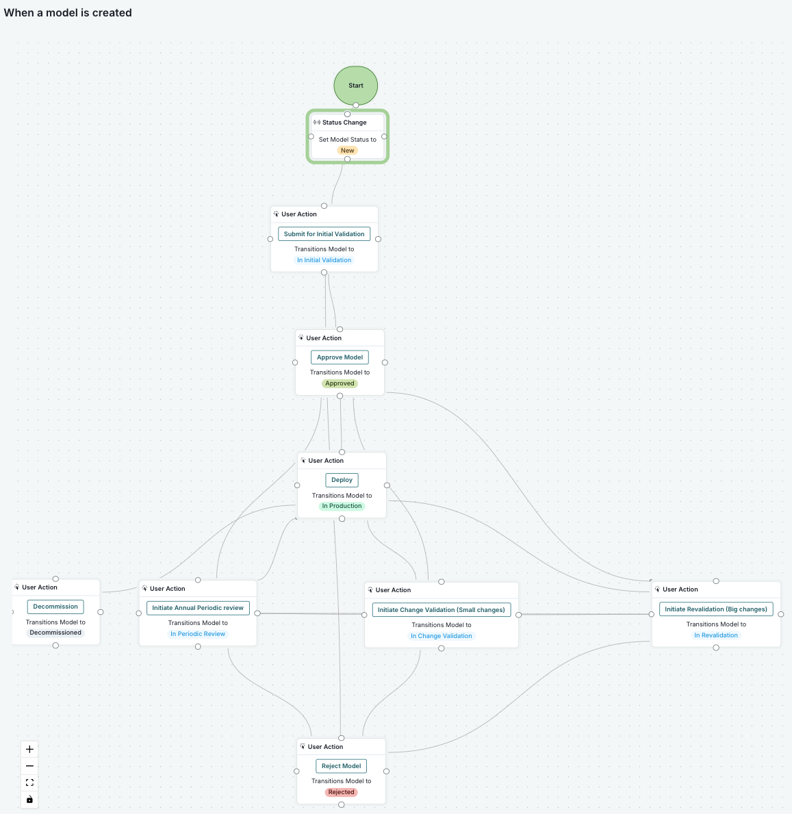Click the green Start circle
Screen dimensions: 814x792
coord(355,86)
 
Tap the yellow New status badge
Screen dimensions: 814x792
coord(348,151)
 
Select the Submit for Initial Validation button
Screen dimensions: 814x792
coord(324,234)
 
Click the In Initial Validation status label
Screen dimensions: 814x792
coord(324,260)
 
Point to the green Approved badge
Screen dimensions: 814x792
coord(340,383)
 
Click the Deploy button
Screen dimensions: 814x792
coord(342,480)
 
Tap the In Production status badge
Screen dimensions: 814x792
coord(342,506)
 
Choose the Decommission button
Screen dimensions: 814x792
coord(55,607)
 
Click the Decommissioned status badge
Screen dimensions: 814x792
coord(55,633)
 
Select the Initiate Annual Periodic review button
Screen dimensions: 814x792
coord(198,608)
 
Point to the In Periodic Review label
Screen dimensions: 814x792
coord(198,634)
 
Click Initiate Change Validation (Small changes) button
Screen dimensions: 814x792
coord(441,609)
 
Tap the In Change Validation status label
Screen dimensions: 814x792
coord(441,636)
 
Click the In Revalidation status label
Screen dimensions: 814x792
coord(716,635)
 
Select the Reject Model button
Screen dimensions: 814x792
coord(341,766)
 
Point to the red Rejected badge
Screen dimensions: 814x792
coord(341,792)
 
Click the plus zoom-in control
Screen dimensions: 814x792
coord(29,750)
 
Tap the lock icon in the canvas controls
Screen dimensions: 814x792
coord(29,800)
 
